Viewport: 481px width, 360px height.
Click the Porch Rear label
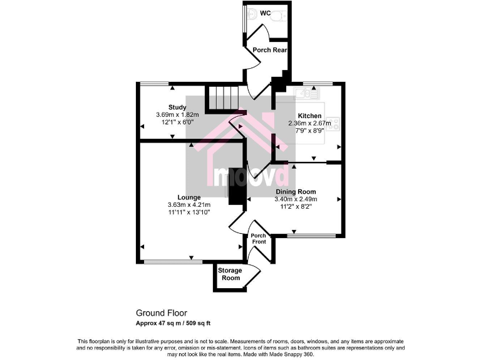[x=269, y=50]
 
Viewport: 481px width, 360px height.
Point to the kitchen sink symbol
[x=307, y=94]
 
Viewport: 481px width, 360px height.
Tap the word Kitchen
[x=309, y=116]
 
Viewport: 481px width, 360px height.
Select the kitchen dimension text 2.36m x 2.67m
[x=309, y=124]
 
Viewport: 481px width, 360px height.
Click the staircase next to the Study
[x=224, y=97]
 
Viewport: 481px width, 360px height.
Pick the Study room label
[x=177, y=107]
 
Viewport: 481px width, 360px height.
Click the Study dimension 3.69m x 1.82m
[x=177, y=114]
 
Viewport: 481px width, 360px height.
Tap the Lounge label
[x=189, y=197]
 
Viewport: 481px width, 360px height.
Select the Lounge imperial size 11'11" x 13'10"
[x=189, y=212]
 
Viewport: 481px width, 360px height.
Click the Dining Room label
[x=296, y=192]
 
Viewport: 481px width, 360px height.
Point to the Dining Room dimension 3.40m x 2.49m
[x=296, y=199]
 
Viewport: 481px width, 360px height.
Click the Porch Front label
[x=259, y=239]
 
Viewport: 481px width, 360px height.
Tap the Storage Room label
[x=230, y=274]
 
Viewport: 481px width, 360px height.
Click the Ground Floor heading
[x=161, y=313]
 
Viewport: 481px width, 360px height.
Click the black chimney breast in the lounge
[x=236, y=186]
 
